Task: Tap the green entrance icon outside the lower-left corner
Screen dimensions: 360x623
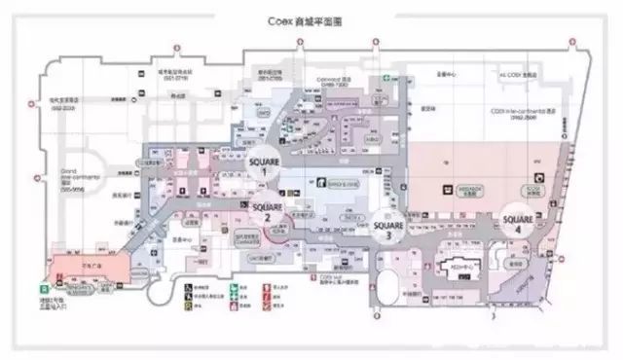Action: (x=44, y=289)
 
